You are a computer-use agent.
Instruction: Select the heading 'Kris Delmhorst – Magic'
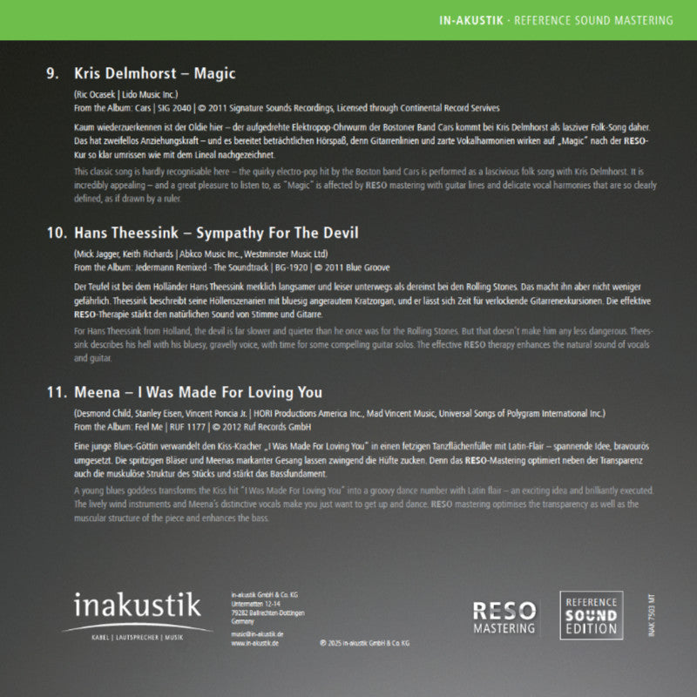[155, 74]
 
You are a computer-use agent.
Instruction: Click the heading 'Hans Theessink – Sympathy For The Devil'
[216, 233]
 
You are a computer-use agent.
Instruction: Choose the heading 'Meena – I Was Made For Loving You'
[198, 393]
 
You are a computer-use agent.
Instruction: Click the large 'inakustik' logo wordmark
[137, 605]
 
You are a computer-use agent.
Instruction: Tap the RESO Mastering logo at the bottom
[504, 617]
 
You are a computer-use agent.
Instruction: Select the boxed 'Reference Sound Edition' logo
[591, 616]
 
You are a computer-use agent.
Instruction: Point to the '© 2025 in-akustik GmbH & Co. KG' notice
[364, 643]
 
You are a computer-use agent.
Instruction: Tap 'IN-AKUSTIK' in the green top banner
[471, 20]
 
